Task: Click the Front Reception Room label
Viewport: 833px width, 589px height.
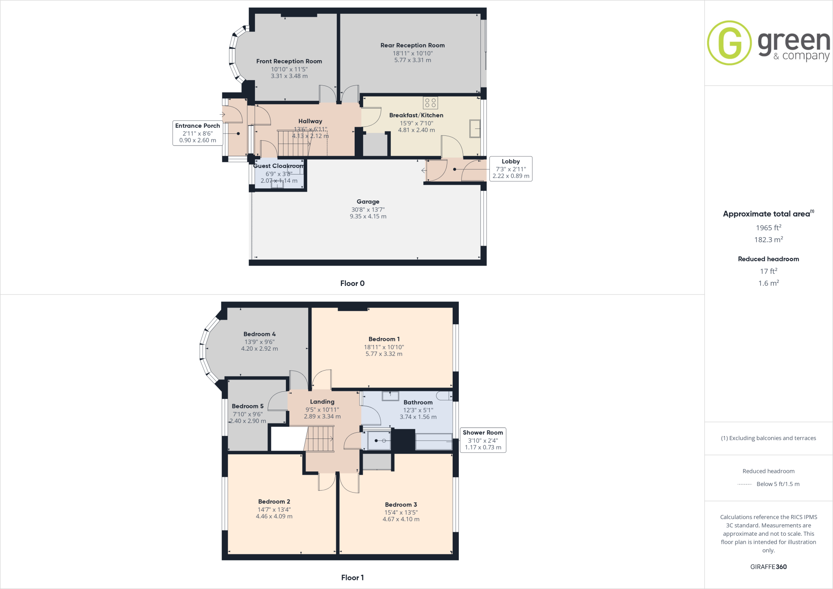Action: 289,61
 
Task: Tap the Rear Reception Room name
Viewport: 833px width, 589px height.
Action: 412,46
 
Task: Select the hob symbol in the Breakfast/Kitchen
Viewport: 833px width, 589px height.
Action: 430,103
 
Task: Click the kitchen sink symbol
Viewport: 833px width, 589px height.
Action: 475,129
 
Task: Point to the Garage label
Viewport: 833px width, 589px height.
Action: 368,202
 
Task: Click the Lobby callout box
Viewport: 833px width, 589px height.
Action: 510,168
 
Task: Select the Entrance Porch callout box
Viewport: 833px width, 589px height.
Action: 198,133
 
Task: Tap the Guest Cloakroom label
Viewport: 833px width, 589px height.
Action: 279,166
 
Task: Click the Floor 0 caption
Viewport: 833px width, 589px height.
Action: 352,284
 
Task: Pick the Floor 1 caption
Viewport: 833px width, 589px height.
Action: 352,578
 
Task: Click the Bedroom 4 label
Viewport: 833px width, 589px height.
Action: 259,334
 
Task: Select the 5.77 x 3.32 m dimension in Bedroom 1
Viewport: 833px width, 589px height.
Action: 384,354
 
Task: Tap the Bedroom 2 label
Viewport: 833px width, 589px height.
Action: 274,502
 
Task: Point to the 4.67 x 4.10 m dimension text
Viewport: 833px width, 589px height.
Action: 401,519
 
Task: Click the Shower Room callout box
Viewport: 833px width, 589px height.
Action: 483,440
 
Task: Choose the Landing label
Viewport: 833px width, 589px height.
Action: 322,402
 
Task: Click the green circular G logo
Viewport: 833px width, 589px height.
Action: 729,43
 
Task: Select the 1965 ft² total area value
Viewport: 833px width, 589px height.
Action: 768,228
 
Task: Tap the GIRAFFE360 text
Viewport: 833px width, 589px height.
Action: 768,567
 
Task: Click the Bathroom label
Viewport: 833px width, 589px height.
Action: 418,402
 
